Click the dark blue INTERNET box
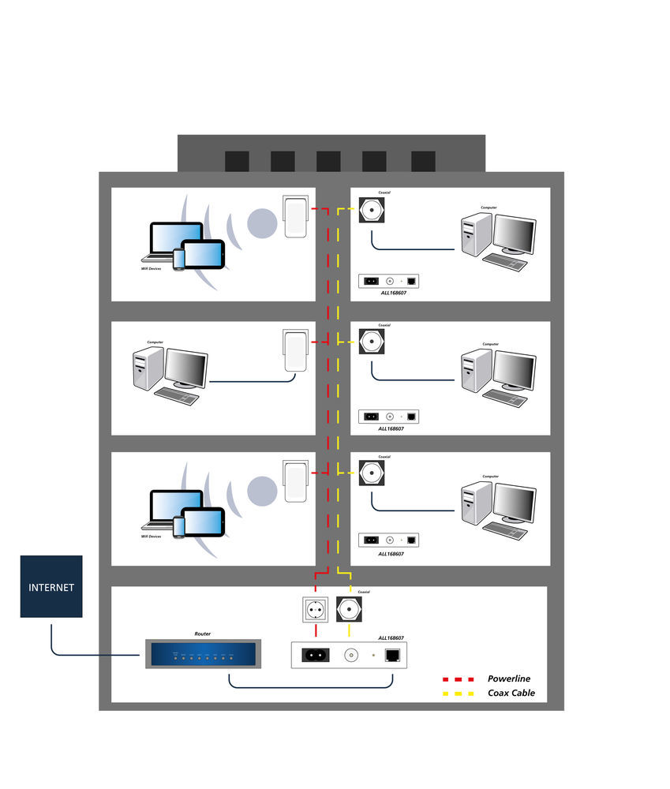point(51,586)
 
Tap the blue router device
point(202,654)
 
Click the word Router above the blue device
point(203,634)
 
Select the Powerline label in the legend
point(508,679)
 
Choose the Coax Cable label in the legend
point(511,693)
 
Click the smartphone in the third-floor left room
point(178,526)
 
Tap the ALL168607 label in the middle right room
point(391,429)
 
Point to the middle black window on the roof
point(328,161)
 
